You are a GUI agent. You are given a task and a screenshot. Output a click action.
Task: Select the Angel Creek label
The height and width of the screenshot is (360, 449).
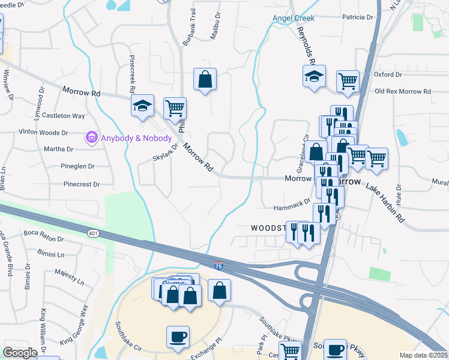[x=294, y=18]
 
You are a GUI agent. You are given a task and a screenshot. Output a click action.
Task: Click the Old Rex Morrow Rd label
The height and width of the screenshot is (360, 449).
[x=403, y=92]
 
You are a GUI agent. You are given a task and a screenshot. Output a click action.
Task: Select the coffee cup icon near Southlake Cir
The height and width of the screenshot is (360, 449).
[x=178, y=337]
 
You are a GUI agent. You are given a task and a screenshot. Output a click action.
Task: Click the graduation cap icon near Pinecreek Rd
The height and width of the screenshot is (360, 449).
[x=142, y=106]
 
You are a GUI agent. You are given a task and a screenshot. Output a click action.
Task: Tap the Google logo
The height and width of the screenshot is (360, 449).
[x=20, y=353]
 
